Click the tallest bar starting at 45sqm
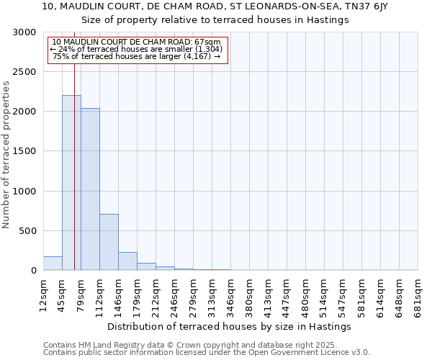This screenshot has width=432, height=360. point(71,183)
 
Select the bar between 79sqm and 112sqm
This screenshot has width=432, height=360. point(90,189)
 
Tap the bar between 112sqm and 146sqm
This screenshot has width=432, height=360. point(109,242)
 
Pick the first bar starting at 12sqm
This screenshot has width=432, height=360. point(53,264)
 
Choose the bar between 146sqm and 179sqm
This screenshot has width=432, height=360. point(127,261)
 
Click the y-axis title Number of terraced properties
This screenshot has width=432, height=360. point(6,155)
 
